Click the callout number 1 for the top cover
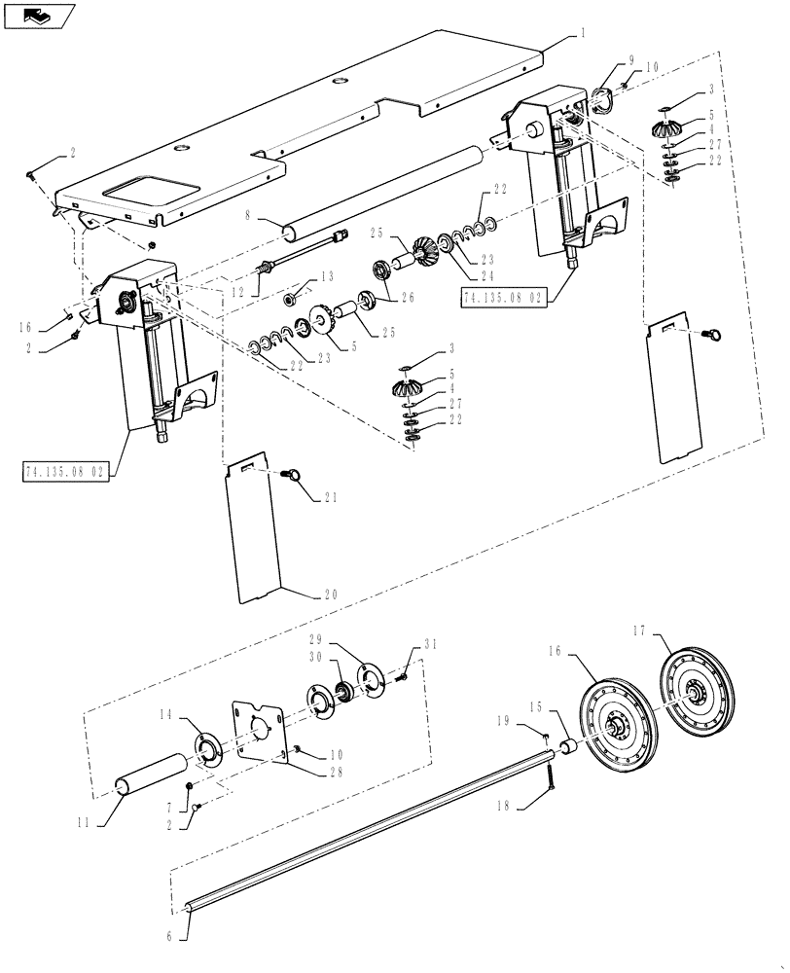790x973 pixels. tap(582, 32)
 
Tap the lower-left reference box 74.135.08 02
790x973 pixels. tap(65, 473)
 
